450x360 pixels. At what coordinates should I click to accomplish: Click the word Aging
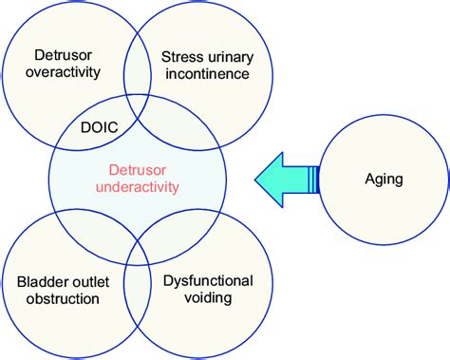pos(384,179)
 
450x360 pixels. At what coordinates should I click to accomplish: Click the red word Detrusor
pos(138,168)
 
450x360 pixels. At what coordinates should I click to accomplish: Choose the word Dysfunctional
pos(207,281)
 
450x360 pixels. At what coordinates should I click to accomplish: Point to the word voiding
pos(207,299)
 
